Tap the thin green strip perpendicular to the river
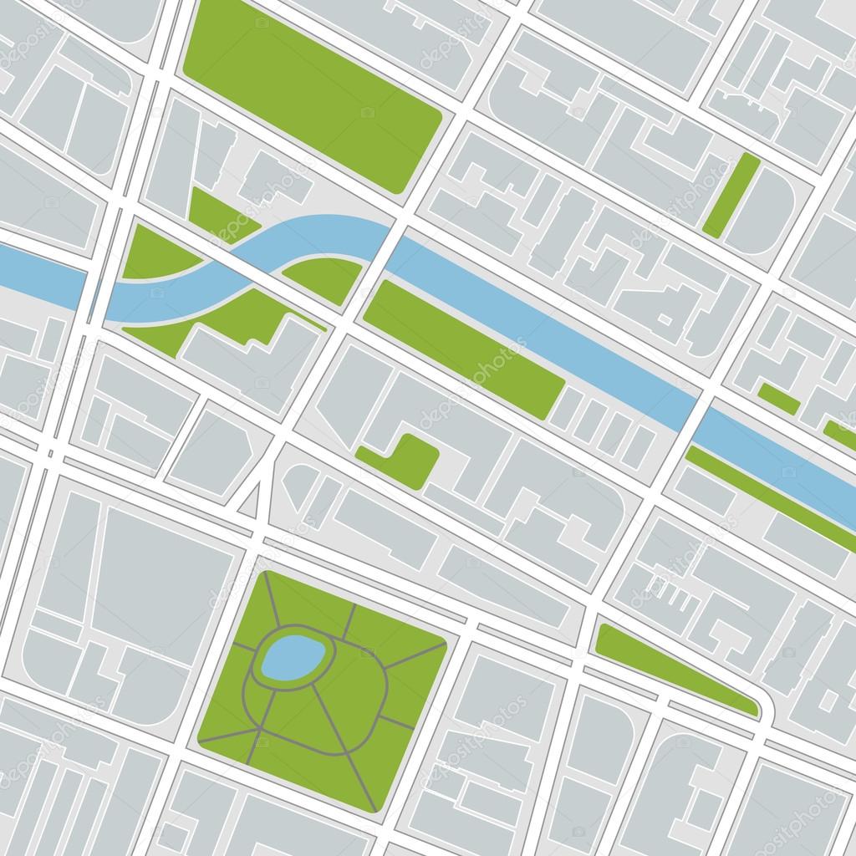[731, 194]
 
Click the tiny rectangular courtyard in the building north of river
[665, 318]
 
